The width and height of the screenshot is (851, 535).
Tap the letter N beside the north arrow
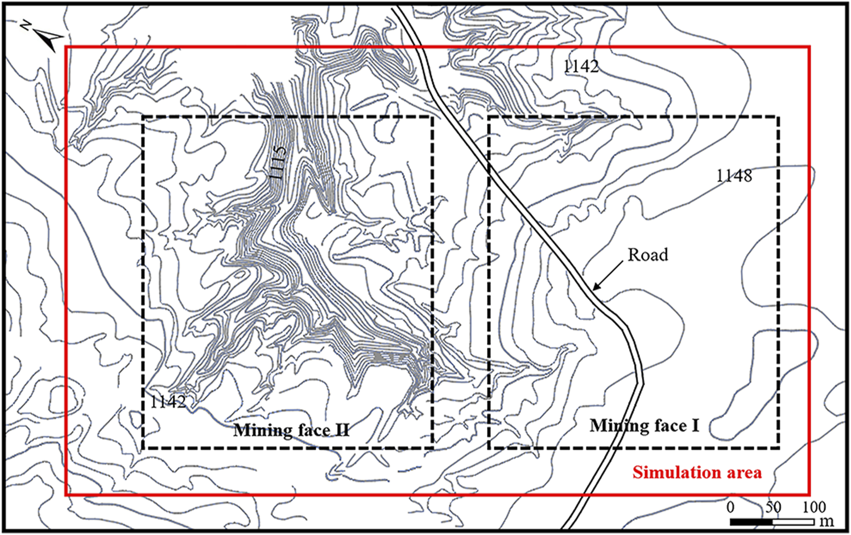pos(26,25)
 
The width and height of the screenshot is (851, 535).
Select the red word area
pos(742,472)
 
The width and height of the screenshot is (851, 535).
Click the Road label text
pos(647,254)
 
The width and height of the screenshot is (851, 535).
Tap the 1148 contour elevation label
pos(734,176)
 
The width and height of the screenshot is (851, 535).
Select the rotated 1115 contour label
pos(279,163)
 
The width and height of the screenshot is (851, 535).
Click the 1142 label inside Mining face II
pos(168,401)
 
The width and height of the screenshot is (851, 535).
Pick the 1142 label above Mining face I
pos(581,67)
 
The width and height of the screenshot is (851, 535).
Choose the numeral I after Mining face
pos(695,426)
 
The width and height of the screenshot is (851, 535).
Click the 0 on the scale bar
pos(731,507)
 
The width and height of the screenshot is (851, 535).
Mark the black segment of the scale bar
pos(751,521)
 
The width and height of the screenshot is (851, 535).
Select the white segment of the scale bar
pos(792,521)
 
